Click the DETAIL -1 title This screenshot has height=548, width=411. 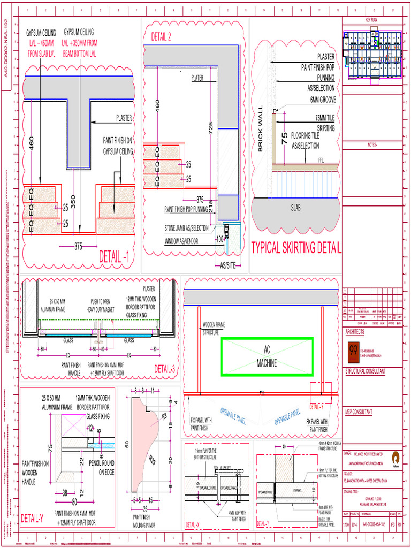click(x=114, y=257)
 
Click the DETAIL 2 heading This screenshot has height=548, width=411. click(x=161, y=36)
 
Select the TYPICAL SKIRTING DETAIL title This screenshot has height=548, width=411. click(x=296, y=248)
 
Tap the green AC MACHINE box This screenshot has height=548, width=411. click(x=267, y=356)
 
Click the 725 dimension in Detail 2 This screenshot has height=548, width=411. click(x=211, y=127)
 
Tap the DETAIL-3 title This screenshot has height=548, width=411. click(x=164, y=369)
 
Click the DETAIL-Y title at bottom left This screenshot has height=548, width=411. click(x=32, y=518)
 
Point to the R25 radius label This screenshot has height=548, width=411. click(x=153, y=458)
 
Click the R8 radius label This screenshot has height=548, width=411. click(x=165, y=414)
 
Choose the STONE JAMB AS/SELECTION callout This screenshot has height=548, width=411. click(x=186, y=228)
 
